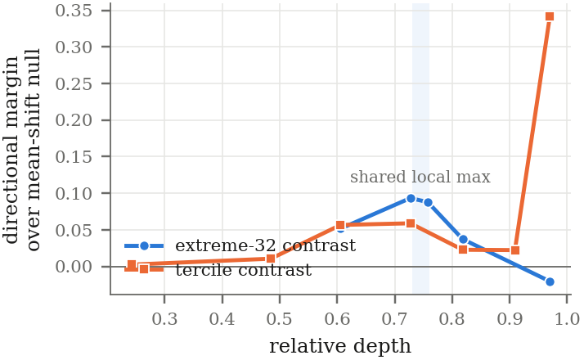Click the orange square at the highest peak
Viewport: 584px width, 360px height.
click(x=550, y=16)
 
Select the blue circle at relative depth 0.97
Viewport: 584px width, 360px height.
click(x=550, y=281)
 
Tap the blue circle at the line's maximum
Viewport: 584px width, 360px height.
click(x=411, y=198)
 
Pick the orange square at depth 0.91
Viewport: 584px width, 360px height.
click(x=515, y=250)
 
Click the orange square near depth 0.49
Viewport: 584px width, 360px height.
click(x=271, y=259)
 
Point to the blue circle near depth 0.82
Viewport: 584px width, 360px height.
click(x=463, y=239)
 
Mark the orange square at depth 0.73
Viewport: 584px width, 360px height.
click(x=411, y=223)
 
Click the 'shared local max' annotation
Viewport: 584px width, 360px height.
click(x=420, y=177)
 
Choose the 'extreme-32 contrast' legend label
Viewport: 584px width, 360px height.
click(x=266, y=245)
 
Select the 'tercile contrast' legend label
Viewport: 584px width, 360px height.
click(x=243, y=270)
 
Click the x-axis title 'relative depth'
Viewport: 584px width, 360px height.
click(x=340, y=346)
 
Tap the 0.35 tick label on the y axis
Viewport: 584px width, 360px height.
click(x=74, y=11)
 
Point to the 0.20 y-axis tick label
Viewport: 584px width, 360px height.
click(x=74, y=120)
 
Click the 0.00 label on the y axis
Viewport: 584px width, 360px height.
click(x=74, y=267)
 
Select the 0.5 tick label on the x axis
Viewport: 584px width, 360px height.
click(x=280, y=319)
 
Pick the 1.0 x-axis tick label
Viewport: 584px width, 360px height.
click(x=567, y=319)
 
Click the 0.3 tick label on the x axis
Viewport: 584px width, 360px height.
click(x=164, y=319)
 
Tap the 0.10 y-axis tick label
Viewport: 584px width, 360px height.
click(x=74, y=193)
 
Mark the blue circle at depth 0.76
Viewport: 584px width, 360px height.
click(x=428, y=202)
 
